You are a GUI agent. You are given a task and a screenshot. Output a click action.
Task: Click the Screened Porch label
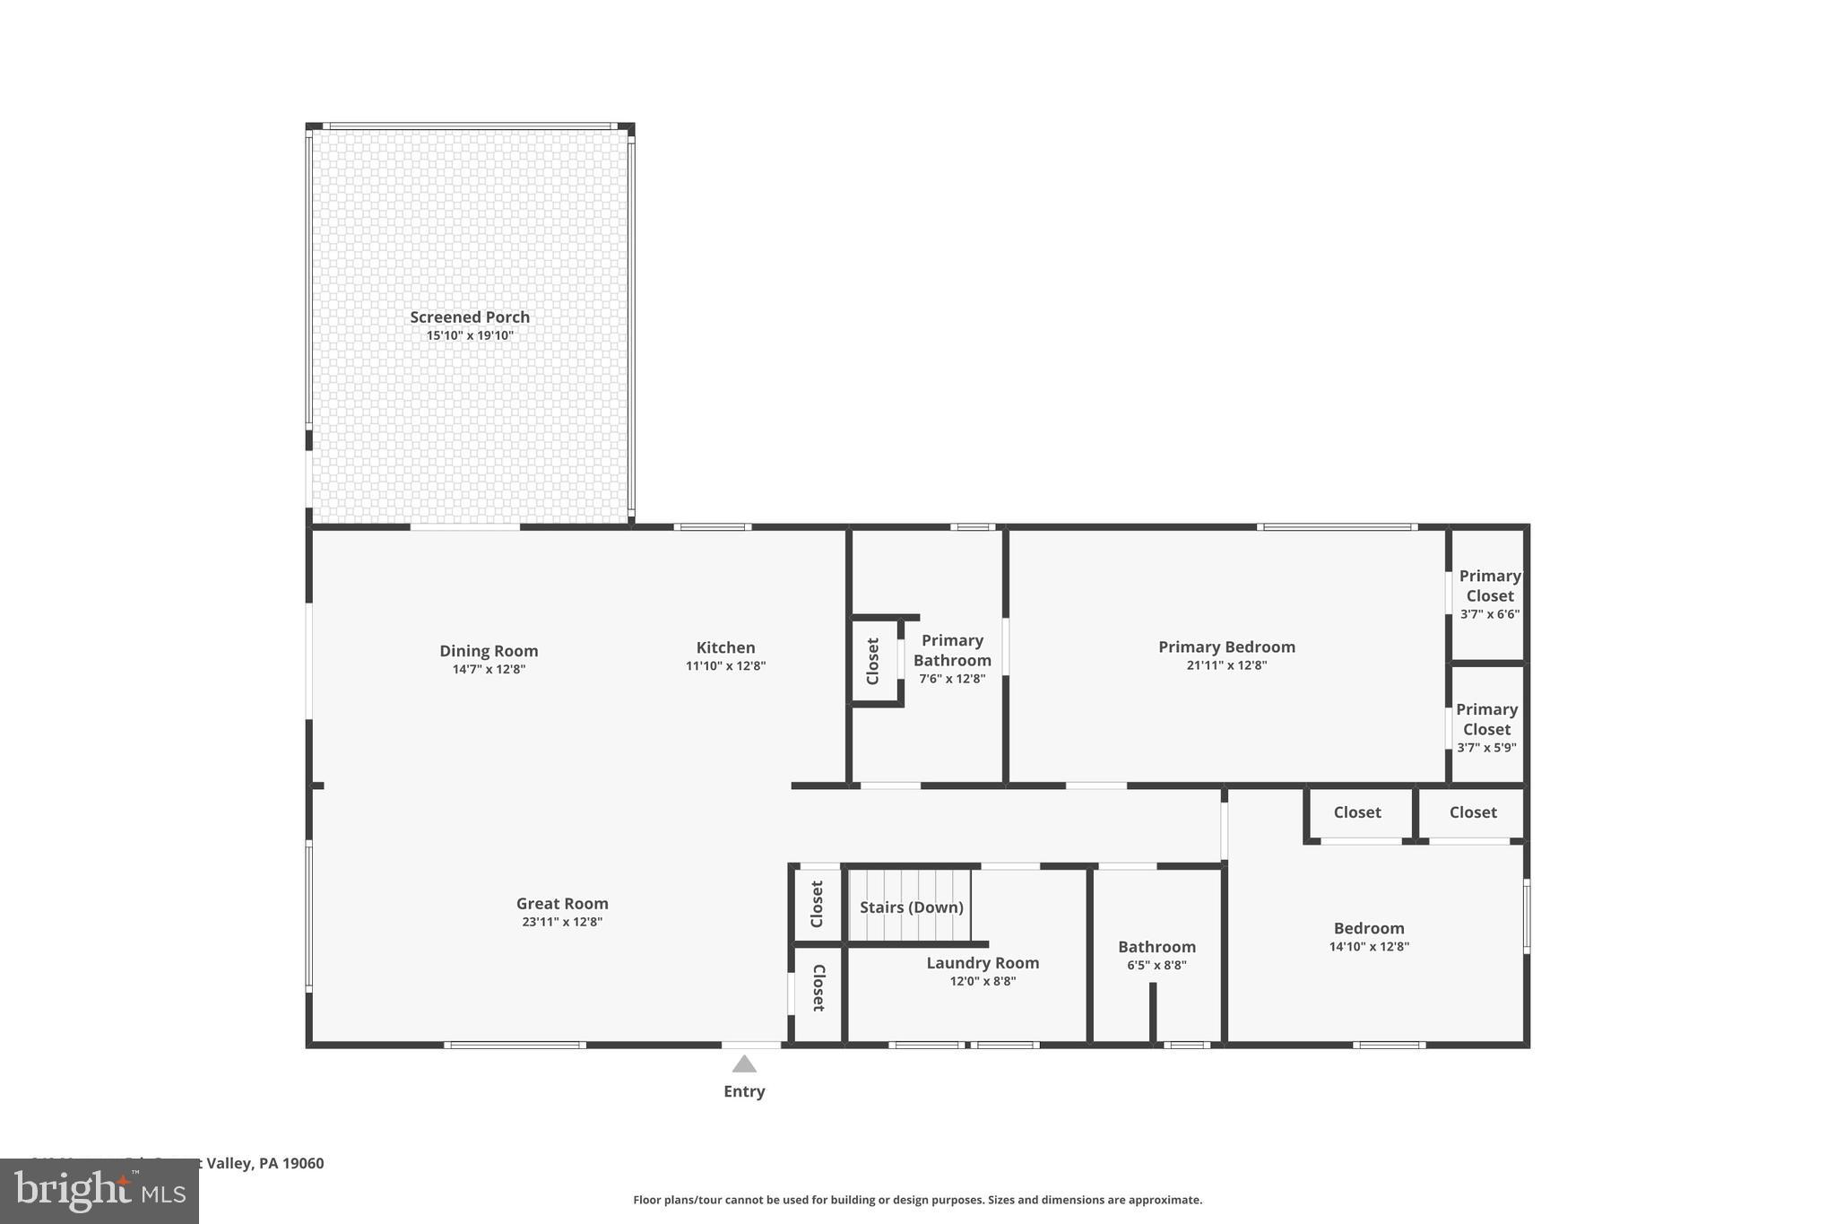tap(470, 317)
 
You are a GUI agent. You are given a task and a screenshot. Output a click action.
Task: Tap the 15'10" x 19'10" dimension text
tap(470, 335)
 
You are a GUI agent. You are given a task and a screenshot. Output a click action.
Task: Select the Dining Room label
tap(489, 651)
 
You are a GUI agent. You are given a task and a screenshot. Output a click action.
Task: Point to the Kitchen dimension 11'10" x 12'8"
tap(725, 666)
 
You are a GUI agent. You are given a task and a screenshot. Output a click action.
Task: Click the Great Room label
tap(562, 903)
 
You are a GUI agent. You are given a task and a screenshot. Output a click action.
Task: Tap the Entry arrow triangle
tap(744, 1064)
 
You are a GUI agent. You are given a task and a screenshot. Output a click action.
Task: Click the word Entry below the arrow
tap(744, 1091)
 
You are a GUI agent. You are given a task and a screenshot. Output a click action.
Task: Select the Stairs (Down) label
tap(911, 907)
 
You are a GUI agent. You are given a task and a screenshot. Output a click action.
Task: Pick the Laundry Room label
tap(983, 962)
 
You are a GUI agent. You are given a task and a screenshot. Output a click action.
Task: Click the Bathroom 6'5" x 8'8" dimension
tap(1156, 966)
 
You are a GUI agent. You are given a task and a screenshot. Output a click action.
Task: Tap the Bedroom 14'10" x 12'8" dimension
tap(1369, 947)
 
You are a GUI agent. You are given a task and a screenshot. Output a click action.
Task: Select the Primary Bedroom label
tap(1226, 647)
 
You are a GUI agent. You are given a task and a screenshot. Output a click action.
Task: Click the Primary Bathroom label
tap(952, 650)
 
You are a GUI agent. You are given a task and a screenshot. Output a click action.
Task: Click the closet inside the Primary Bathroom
tap(873, 662)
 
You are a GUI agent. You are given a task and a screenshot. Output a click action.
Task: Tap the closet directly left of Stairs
tap(817, 904)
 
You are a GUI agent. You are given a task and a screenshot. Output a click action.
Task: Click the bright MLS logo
tap(99, 1192)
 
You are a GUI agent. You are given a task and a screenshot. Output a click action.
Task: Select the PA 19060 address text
tap(291, 1163)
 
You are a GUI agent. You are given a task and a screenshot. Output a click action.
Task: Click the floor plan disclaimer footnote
tap(917, 1200)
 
